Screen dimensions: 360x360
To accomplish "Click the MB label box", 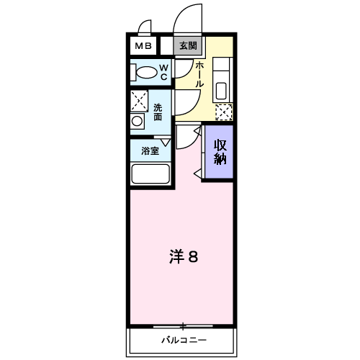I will point(142,46).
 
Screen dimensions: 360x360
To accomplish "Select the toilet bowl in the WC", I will point(146,73).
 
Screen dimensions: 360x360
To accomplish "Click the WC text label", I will point(163,73).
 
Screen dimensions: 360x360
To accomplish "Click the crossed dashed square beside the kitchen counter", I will point(224,112).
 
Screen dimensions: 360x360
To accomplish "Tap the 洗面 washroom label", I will point(158,112).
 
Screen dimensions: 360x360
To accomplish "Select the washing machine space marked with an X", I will point(140,100).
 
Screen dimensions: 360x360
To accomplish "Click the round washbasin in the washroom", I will point(138,121).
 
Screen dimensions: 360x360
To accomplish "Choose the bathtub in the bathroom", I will point(150,175).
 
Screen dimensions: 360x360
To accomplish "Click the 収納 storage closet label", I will point(220,150).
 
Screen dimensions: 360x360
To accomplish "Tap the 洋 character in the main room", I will point(177,256).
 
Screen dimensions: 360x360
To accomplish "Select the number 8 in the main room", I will point(195,256).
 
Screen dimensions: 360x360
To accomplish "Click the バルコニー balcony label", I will point(183,340).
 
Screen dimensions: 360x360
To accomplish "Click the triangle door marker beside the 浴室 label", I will point(166,143).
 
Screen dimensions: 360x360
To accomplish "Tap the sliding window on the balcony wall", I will point(184,326).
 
